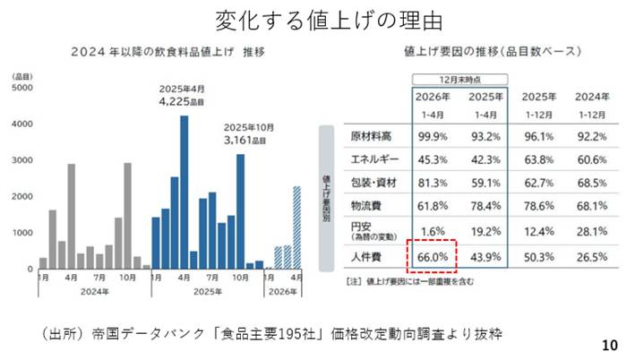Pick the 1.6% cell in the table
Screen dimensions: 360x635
point(435,231)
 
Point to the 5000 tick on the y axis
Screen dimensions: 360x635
point(22,88)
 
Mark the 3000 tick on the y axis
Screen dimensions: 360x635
point(22,160)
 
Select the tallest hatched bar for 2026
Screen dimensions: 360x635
point(296,227)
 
